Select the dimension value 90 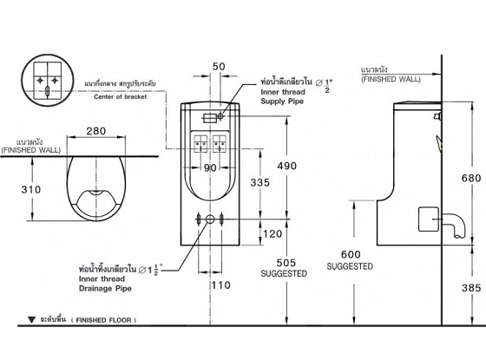[210, 168]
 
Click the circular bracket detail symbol [44, 80]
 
